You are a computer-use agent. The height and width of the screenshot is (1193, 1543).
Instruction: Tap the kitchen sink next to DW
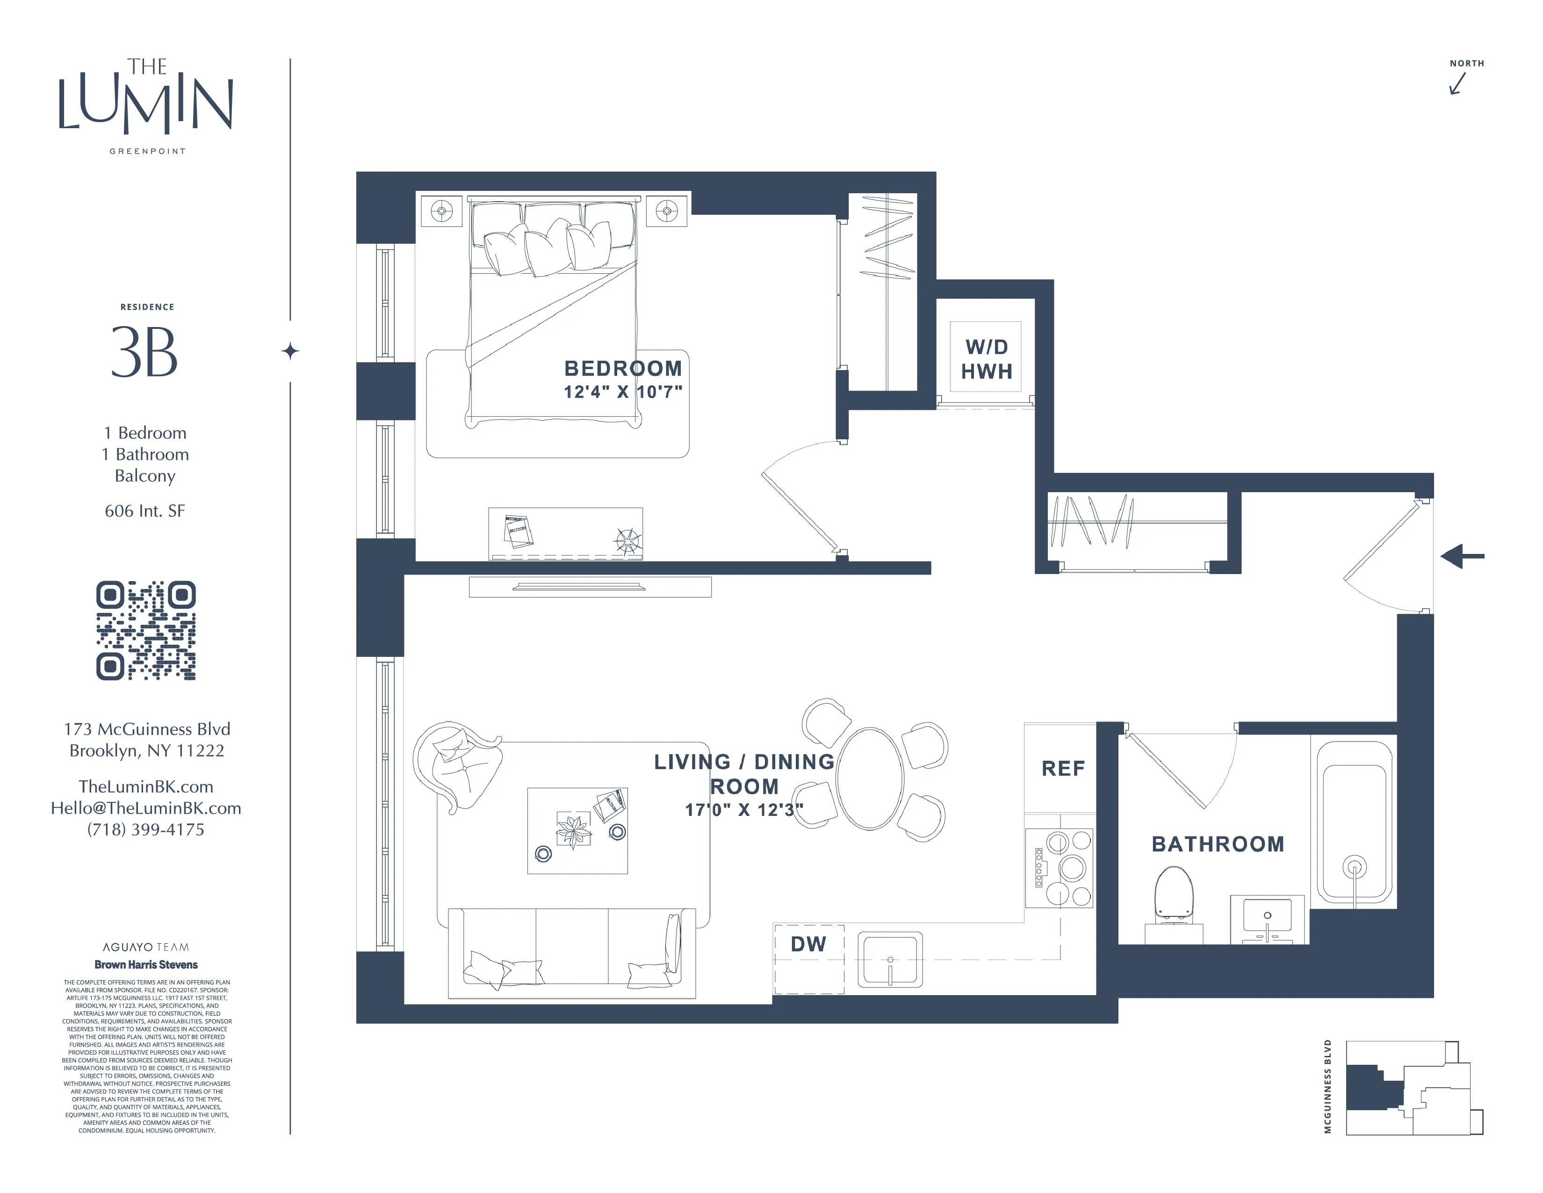pos(890,959)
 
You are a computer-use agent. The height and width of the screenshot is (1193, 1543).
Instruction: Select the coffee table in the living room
pos(577,830)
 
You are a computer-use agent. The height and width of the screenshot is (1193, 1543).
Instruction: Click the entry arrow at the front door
pos(1461,556)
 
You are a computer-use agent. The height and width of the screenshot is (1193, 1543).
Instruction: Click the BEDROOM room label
pos(622,368)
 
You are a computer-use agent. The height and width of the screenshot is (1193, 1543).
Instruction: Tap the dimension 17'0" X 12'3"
pos(743,810)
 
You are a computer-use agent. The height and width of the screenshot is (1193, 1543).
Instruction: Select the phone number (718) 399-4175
pos(145,830)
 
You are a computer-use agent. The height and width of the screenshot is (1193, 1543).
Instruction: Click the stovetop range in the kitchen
pos(1058,868)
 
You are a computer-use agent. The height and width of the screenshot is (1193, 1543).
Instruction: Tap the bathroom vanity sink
pos(1268,919)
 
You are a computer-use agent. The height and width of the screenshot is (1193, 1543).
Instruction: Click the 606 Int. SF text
pos(145,511)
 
